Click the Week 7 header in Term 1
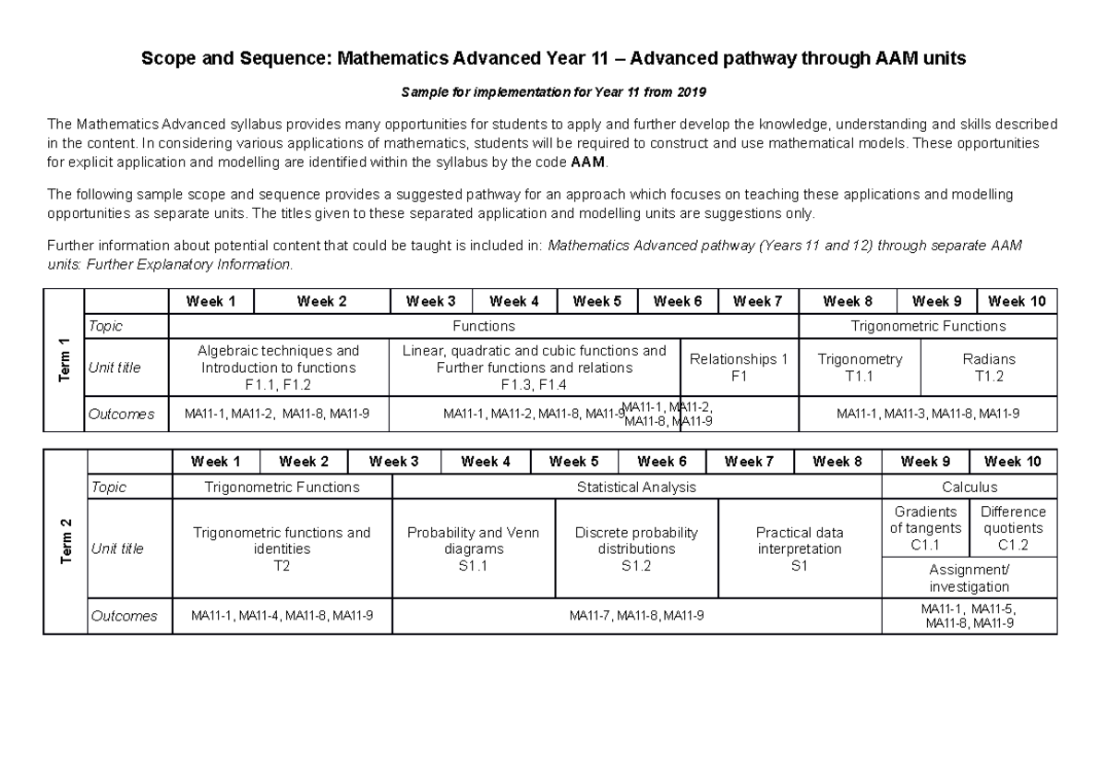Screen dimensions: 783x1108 point(757,301)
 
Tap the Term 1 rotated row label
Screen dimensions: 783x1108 point(64,359)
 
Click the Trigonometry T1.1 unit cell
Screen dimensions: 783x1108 point(860,367)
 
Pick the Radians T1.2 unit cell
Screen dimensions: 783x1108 point(988,367)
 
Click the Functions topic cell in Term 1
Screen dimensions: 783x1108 point(483,326)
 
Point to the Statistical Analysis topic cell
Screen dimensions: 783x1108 point(636,487)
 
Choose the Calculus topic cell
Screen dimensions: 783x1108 point(969,487)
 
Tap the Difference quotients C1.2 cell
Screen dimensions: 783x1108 point(1013,528)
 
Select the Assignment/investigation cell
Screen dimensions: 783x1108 point(969,578)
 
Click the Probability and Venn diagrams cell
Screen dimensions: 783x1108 point(473,548)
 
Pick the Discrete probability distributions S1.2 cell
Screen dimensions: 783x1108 point(636,548)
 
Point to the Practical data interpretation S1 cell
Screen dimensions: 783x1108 point(799,548)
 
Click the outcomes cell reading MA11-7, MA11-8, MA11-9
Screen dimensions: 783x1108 point(636,616)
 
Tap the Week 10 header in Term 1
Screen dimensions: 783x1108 point(1016,301)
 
